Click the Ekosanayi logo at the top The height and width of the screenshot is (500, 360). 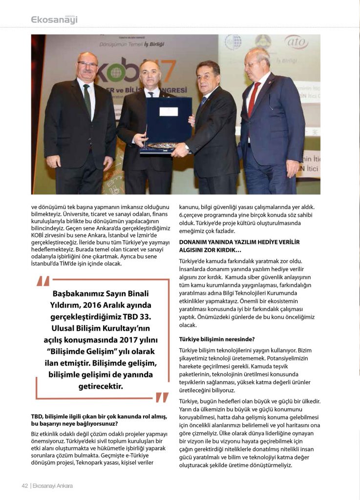click(54, 20)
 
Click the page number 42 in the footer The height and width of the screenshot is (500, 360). click(25, 486)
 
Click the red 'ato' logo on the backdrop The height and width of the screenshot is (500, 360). click(296, 42)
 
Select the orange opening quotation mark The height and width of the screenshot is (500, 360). click(43, 284)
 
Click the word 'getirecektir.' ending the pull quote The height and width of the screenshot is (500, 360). click(101, 387)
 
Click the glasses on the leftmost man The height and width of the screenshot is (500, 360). click(88, 64)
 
